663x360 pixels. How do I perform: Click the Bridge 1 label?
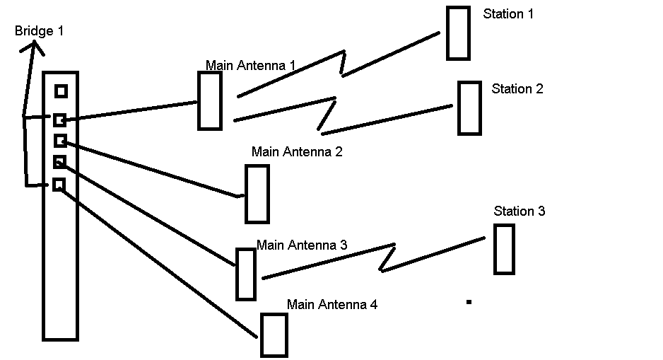tap(39, 31)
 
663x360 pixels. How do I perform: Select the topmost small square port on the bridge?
tap(61, 91)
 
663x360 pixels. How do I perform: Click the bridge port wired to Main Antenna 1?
tap(59, 120)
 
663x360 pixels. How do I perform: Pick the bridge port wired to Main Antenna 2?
tap(61, 141)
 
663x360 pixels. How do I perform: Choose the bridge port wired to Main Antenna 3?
tap(59, 162)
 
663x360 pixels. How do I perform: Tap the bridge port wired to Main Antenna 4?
tap(59, 185)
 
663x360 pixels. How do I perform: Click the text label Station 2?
tap(517, 89)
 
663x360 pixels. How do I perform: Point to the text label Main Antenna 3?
tap(302, 245)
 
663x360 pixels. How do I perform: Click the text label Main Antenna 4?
tap(332, 305)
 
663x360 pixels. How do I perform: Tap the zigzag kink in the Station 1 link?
tap(343, 64)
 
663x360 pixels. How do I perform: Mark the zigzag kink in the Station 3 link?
tap(387, 257)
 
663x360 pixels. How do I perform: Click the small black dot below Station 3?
tap(469, 302)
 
